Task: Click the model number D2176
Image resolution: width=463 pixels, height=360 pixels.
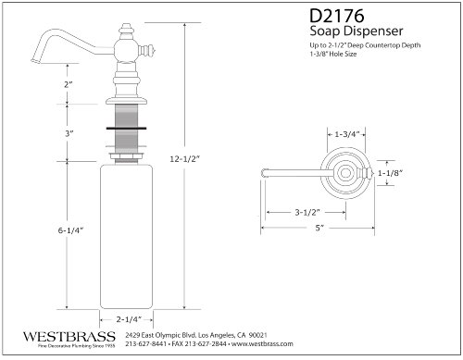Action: pyautogui.click(x=337, y=16)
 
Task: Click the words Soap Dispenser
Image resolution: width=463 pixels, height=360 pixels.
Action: pyautogui.click(x=357, y=31)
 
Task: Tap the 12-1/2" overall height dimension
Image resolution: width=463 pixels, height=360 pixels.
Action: pyautogui.click(x=185, y=159)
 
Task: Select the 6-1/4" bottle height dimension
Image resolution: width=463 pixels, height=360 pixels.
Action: pyautogui.click(x=71, y=230)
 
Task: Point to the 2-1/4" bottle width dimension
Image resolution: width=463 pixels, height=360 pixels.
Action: pyautogui.click(x=129, y=319)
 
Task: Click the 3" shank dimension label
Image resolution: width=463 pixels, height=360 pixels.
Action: pyautogui.click(x=69, y=134)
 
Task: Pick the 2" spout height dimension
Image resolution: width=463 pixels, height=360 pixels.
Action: pyautogui.click(x=69, y=84)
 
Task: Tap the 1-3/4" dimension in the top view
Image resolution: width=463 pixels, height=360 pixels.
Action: pyautogui.click(x=347, y=134)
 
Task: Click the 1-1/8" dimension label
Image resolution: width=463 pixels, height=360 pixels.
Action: pyautogui.click(x=391, y=173)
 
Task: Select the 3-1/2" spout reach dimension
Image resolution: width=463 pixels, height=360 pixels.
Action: pyautogui.click(x=307, y=212)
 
